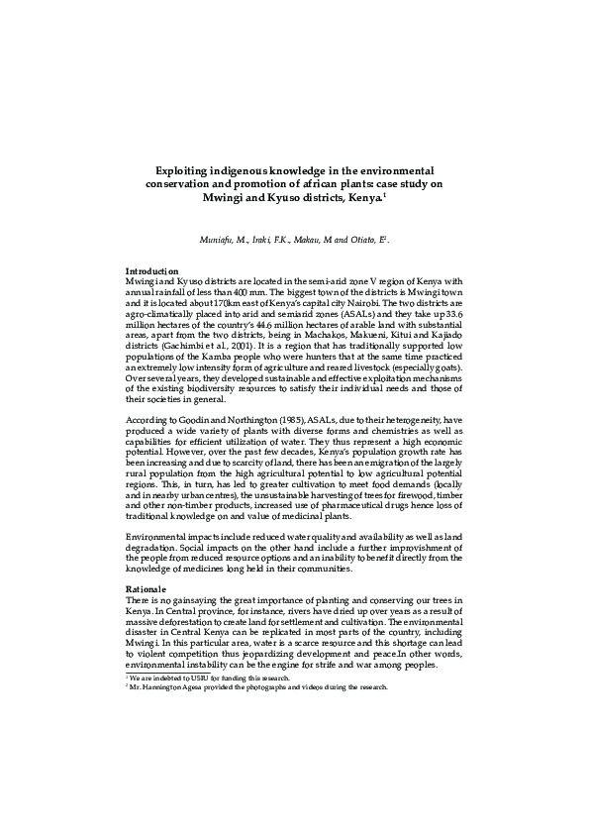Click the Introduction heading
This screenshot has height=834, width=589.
(151, 271)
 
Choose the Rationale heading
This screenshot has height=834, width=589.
(147, 589)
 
